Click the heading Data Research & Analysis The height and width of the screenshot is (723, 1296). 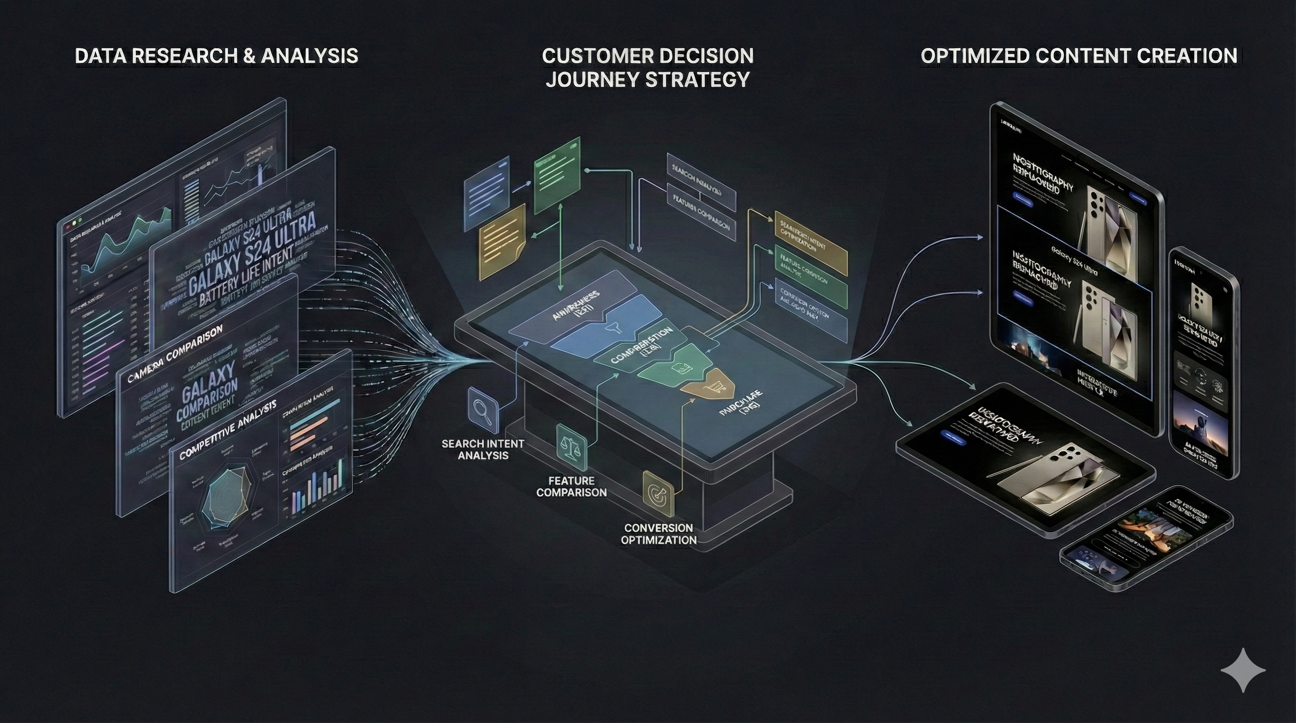coord(216,56)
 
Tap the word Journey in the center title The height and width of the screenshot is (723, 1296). coord(583,80)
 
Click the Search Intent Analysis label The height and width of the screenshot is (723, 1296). coord(483,450)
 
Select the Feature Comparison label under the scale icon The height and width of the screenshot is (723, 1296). coord(571,486)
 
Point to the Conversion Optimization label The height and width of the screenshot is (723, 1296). coord(658,534)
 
